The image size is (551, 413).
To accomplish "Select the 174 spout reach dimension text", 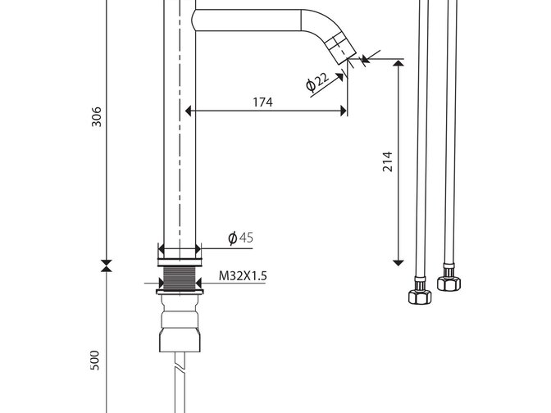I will [x=262, y=102].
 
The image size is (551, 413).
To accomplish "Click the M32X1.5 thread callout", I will [x=243, y=277].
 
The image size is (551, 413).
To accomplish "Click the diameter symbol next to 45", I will [x=233, y=238].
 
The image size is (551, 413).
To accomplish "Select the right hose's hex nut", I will [x=448, y=283].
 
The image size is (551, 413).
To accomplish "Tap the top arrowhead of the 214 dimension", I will [x=399, y=65].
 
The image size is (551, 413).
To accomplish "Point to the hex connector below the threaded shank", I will [x=179, y=338].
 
